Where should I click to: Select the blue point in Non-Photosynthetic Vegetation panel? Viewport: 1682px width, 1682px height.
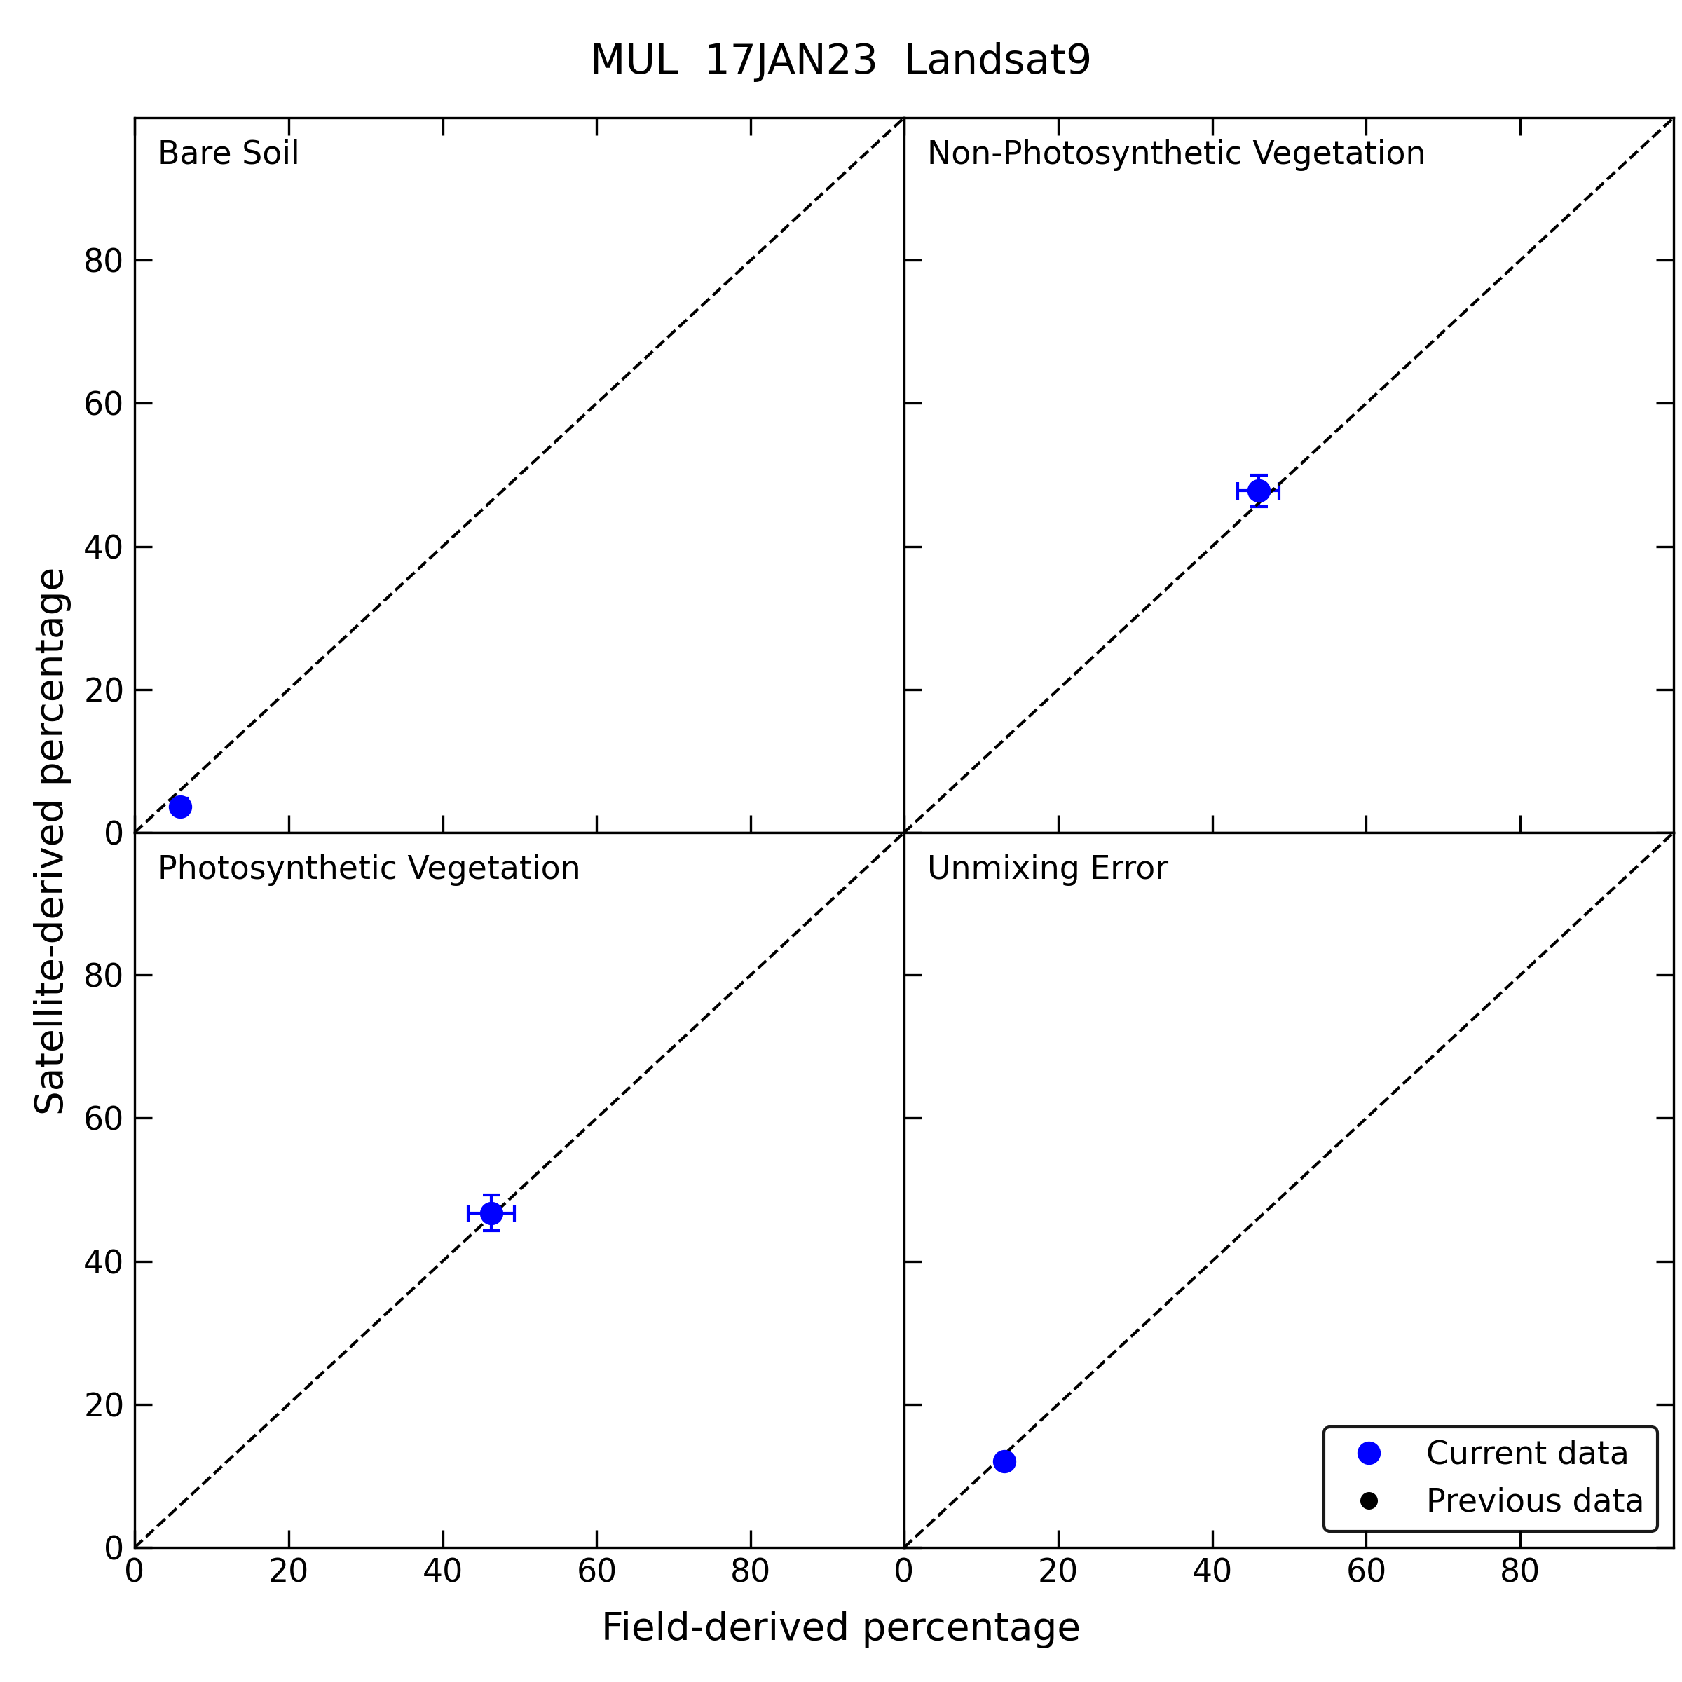pos(1258,491)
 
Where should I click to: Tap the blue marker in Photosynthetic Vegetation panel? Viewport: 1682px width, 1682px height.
pos(491,1212)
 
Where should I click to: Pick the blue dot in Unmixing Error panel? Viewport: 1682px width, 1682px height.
pos(1004,1461)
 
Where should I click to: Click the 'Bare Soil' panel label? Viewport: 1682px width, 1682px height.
pos(228,153)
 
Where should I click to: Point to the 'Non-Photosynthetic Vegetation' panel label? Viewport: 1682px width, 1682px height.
pos(1175,153)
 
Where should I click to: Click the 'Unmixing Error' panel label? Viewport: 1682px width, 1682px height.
pos(1046,868)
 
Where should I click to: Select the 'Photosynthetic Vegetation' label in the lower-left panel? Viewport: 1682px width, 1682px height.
pos(368,868)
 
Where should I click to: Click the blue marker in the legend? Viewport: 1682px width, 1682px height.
pos(1369,1453)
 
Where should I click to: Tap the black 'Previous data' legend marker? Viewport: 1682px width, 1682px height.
pos(1369,1501)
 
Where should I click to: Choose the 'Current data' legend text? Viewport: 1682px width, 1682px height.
pos(1526,1453)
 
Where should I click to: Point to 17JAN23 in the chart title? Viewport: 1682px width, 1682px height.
pos(790,61)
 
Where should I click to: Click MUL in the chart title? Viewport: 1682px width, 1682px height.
pos(634,61)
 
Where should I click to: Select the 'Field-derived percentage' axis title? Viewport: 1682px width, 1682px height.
pos(840,1627)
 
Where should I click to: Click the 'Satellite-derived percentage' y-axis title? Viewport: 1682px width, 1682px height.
pos(50,841)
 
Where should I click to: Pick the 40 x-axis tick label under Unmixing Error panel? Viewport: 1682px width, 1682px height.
pos(1211,1571)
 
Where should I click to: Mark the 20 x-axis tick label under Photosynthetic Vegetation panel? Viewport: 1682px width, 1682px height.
pos(288,1571)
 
